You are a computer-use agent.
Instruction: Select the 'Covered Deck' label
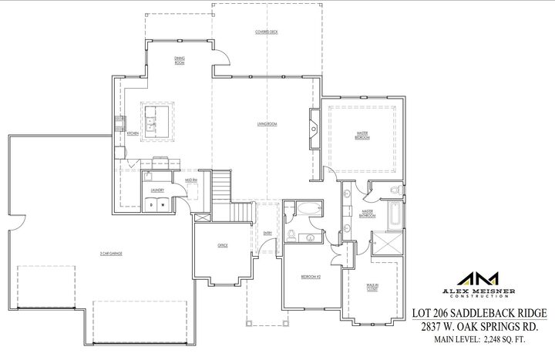[x=267, y=32]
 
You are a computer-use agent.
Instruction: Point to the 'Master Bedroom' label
[x=362, y=135]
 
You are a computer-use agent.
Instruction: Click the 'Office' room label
[x=222, y=244]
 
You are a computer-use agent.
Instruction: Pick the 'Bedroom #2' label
[x=311, y=275]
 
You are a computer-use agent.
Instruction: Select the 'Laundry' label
[x=156, y=189]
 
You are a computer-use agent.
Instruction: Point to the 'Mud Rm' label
[x=190, y=179]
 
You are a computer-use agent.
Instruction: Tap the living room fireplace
[x=314, y=126]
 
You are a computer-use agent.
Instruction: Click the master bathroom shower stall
[x=392, y=244]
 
